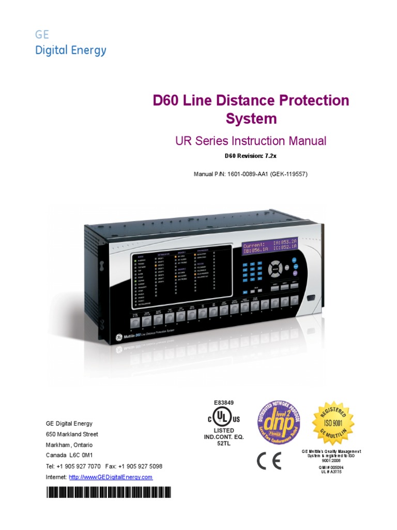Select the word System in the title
[x=251, y=119]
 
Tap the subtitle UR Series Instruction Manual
[x=251, y=140]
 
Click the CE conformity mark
[x=269, y=461]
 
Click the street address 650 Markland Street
[x=72, y=434]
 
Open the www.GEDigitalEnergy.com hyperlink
[x=111, y=477]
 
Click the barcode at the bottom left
[x=109, y=492]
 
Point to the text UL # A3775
[x=331, y=472]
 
